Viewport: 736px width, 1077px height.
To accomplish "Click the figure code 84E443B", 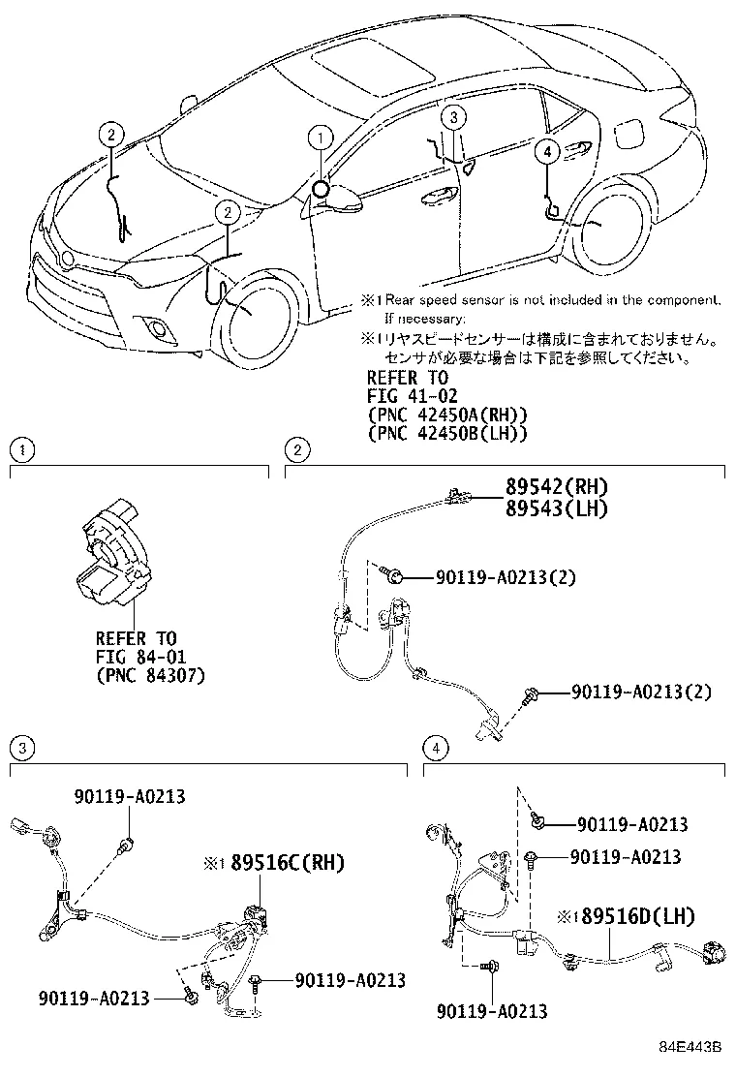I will (692, 1047).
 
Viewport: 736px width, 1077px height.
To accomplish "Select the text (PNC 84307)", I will (150, 674).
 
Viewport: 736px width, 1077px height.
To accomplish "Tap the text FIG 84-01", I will (136, 657).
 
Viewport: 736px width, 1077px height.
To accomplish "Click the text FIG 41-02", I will (408, 396).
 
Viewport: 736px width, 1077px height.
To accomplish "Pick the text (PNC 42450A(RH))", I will (447, 415).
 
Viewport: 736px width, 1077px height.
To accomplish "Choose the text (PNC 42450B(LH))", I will (447, 433).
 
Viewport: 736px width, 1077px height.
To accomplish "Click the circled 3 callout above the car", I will (455, 116).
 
